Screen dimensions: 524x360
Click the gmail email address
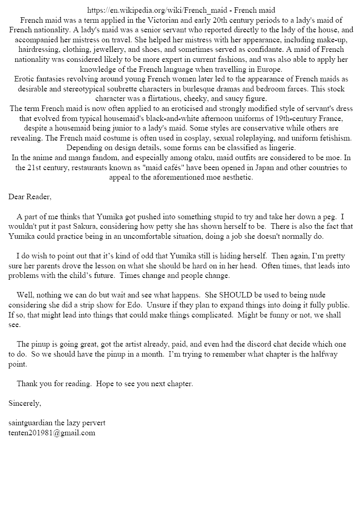(52, 433)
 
